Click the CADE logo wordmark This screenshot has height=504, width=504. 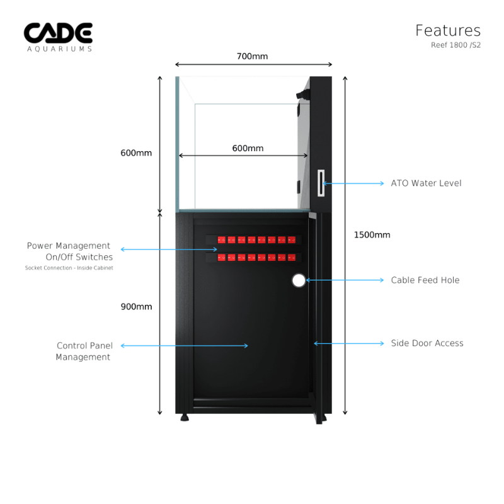pyautogui.click(x=58, y=33)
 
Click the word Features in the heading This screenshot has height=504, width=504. pyautogui.click(x=448, y=30)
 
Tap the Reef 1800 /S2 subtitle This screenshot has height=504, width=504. pyautogui.click(x=455, y=45)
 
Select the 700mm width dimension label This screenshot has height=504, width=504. pyautogui.click(x=252, y=56)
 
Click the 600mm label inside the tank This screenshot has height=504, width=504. pyautogui.click(x=248, y=148)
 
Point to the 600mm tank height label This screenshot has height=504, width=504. pyautogui.click(x=136, y=152)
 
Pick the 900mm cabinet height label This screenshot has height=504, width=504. pyautogui.click(x=136, y=307)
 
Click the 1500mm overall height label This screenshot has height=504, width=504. pyautogui.click(x=372, y=235)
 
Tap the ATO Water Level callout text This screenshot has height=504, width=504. pyautogui.click(x=426, y=183)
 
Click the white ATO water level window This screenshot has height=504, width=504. pyautogui.click(x=321, y=183)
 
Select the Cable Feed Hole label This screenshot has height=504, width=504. pyautogui.click(x=425, y=280)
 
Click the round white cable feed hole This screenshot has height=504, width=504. pyautogui.click(x=299, y=280)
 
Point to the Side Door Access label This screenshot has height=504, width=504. pyautogui.click(x=427, y=343)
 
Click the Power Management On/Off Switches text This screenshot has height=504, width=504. pyautogui.click(x=69, y=251)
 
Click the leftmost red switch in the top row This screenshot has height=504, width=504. pyautogui.click(x=221, y=240)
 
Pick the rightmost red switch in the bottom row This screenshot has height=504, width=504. pyautogui.click(x=292, y=257)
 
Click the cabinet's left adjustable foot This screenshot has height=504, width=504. pyautogui.click(x=185, y=417)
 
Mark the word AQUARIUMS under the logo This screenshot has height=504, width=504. pyautogui.click(x=59, y=49)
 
